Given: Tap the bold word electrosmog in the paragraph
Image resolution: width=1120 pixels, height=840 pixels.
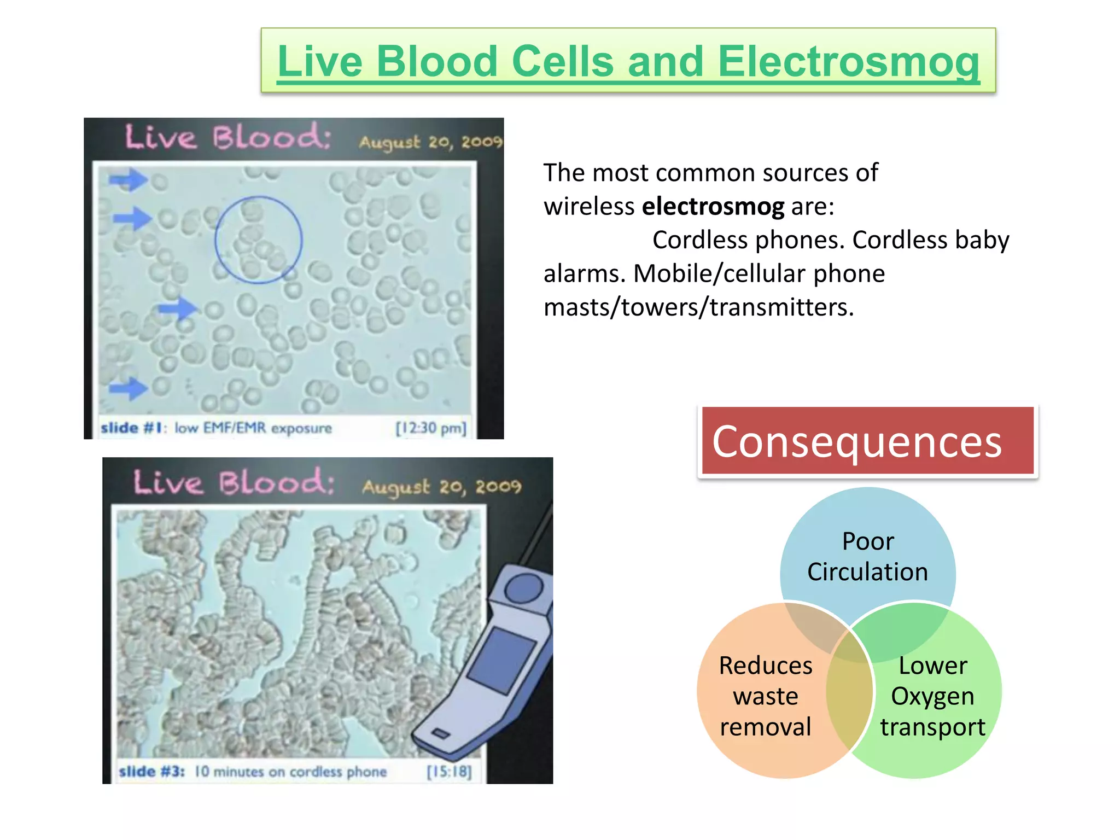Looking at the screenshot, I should (x=713, y=207).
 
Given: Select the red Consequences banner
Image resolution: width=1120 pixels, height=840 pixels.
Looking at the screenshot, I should (x=867, y=441).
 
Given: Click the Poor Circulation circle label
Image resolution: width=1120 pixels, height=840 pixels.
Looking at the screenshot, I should (x=867, y=557).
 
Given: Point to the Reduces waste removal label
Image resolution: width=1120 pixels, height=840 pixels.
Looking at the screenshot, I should (x=765, y=696).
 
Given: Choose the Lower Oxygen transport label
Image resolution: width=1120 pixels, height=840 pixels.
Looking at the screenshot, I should (x=932, y=696).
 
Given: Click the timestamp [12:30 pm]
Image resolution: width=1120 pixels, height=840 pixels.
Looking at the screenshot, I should (x=431, y=428).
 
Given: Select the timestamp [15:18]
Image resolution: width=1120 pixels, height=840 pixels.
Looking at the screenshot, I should (x=449, y=772).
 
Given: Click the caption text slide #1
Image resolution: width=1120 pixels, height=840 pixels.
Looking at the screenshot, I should (x=133, y=428).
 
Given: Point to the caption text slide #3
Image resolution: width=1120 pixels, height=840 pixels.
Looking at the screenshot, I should (x=151, y=772).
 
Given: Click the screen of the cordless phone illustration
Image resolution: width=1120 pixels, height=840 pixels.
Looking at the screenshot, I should (x=501, y=661).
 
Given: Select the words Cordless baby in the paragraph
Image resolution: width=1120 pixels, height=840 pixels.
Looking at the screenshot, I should (x=930, y=240).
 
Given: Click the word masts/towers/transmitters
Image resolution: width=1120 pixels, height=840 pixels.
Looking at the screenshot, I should (x=698, y=307).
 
